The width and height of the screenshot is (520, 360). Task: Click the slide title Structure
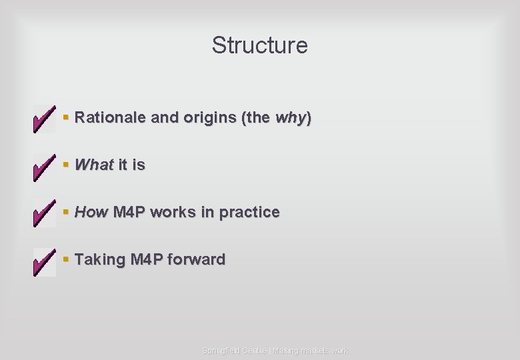coord(260,45)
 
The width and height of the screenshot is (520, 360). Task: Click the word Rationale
coord(111,118)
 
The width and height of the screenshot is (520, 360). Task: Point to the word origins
coord(207,118)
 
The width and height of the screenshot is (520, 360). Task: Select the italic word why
coord(290,118)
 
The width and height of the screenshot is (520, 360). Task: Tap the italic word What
coord(94,165)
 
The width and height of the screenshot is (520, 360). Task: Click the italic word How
coord(91,212)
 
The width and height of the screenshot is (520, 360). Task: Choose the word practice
coord(249,212)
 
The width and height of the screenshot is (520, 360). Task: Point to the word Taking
coord(100,259)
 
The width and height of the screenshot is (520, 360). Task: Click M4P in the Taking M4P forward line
coord(147,259)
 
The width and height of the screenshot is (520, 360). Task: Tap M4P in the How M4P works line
coord(130,212)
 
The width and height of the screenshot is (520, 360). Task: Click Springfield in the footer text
coord(222,351)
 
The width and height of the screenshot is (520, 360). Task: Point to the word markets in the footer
coord(312,351)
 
